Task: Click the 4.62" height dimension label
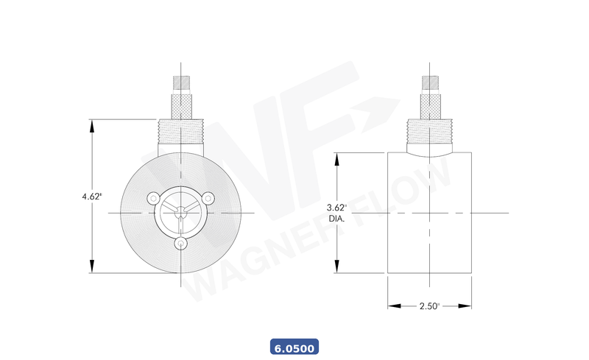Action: (x=92, y=197)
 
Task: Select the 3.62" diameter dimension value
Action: (x=336, y=208)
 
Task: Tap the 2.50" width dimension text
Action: (x=429, y=306)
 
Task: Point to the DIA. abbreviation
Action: (x=336, y=219)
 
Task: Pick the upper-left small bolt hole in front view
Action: (x=153, y=197)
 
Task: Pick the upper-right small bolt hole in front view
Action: (x=208, y=197)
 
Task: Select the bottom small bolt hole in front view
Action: (x=180, y=243)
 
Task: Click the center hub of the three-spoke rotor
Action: (x=180, y=213)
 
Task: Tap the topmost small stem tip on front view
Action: (x=180, y=82)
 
